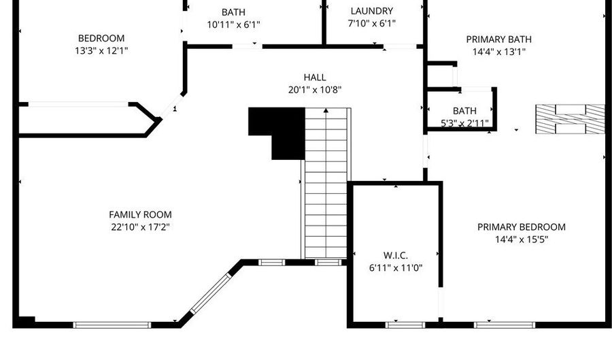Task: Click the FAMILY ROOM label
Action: click(140, 214)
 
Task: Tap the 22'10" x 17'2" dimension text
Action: click(140, 227)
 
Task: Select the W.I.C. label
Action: click(396, 255)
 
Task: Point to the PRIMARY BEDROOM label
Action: click(522, 227)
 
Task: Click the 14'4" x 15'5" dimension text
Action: click(522, 240)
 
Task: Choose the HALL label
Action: click(315, 78)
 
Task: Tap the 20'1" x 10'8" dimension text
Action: click(315, 90)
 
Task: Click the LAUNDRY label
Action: click(372, 11)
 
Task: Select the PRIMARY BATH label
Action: click(499, 39)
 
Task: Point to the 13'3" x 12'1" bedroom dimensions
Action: click(101, 51)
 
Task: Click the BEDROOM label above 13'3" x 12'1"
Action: click(101, 38)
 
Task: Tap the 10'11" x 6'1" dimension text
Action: click(233, 24)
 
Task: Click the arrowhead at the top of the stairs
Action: click(326, 110)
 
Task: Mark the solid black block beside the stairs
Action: click(277, 133)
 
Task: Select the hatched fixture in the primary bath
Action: click(570, 119)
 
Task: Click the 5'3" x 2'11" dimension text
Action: click(464, 123)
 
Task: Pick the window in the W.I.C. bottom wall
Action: click(405, 325)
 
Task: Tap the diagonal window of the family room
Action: click(211, 293)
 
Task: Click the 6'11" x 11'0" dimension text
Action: click(396, 268)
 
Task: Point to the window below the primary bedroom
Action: click(505, 325)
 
